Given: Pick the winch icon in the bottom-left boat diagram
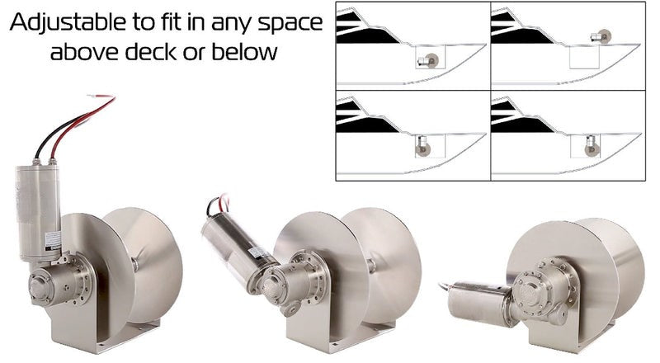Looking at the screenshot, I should tap(422, 147).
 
